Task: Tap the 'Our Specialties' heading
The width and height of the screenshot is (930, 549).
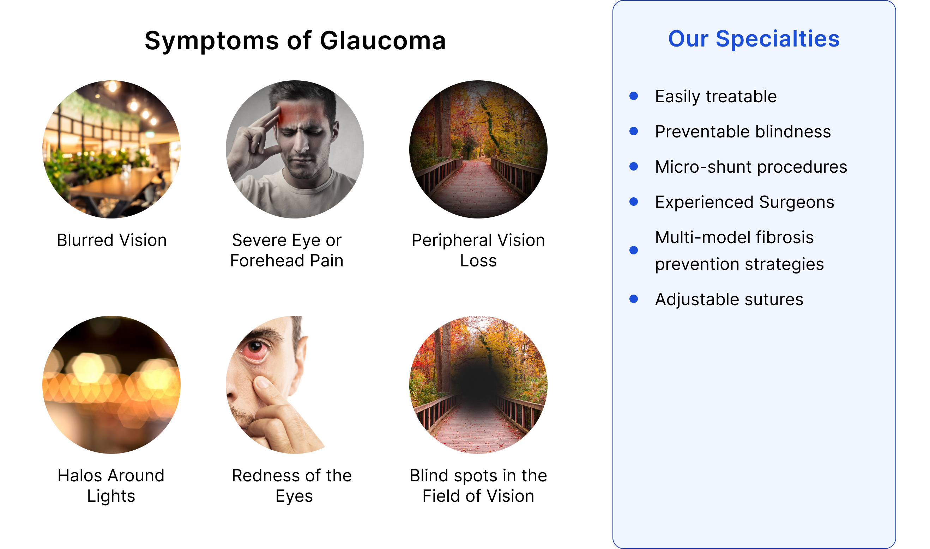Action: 754,39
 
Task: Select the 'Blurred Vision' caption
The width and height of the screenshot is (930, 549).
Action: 111,240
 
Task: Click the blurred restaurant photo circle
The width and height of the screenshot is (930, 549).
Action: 111,149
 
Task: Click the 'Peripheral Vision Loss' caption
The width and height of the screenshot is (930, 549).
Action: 478,250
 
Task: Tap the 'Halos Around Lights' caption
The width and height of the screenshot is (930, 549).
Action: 111,485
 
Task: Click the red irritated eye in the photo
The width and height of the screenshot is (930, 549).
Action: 255,350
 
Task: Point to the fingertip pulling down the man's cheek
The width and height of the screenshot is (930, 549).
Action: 262,383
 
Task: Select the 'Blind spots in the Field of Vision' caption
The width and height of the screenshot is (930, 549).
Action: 478,485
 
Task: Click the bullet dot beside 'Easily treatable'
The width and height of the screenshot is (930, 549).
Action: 634,96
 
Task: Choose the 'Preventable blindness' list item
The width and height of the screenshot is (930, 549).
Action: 743,132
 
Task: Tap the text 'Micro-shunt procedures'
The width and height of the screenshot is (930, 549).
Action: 751,167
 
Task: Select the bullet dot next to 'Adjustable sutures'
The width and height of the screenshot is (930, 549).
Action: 634,299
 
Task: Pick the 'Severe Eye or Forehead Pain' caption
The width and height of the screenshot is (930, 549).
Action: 287,250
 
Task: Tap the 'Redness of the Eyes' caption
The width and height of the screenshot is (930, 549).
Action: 292,485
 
